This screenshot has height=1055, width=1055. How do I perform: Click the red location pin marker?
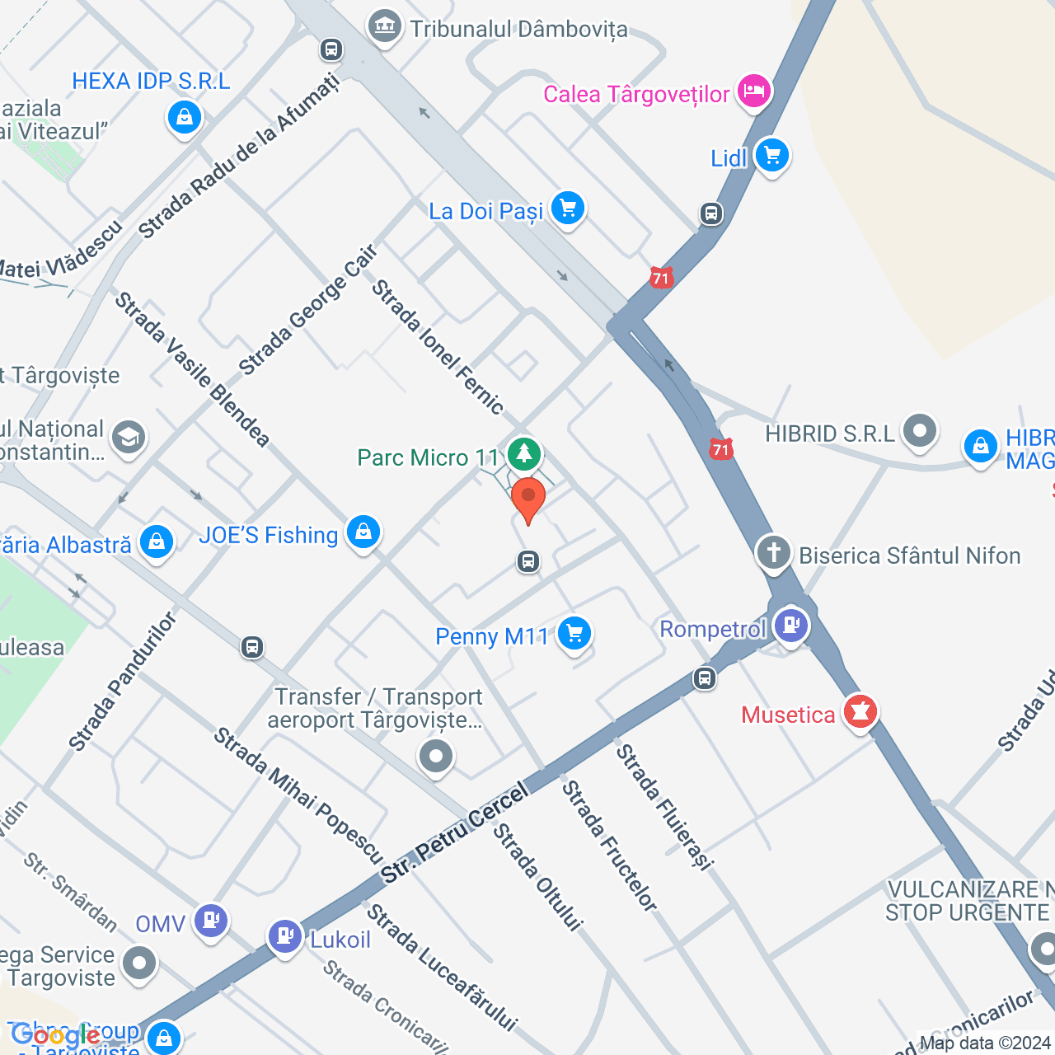(x=528, y=499)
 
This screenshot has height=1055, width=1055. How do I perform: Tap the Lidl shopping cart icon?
(x=771, y=155)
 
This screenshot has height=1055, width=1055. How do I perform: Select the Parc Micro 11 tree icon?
(x=523, y=453)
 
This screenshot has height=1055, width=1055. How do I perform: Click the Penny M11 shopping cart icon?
(x=574, y=634)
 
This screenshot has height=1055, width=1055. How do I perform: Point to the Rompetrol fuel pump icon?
(x=790, y=626)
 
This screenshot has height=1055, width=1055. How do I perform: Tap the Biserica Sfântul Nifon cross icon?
(x=773, y=553)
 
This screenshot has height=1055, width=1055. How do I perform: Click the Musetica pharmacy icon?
(x=860, y=711)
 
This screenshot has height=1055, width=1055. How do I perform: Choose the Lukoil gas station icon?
(x=285, y=937)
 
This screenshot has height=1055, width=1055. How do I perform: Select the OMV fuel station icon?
(x=211, y=920)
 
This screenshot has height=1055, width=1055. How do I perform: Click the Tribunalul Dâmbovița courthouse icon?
(x=384, y=27)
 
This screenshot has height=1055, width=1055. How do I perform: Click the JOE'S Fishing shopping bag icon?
(x=363, y=532)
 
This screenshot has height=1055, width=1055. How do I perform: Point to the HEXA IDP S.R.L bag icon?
(x=185, y=117)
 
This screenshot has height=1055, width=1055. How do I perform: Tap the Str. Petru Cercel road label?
(x=456, y=833)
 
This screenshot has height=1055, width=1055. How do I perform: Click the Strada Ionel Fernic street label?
(x=437, y=346)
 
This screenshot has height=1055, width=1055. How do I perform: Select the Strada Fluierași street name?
(x=664, y=806)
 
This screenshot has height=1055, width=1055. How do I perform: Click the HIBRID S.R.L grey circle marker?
(x=920, y=430)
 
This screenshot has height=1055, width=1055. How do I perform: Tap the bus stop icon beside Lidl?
(x=711, y=214)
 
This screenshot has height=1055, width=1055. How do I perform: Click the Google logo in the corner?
(x=55, y=1035)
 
